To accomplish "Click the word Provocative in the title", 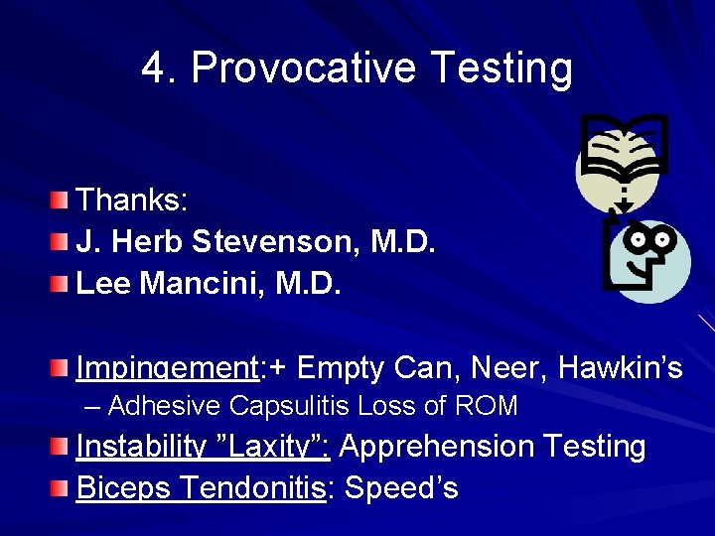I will [x=304, y=68].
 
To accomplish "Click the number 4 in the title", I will [x=154, y=68].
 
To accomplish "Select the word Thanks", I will [x=131, y=200].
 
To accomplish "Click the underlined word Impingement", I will [x=166, y=368].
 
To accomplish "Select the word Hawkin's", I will [x=621, y=368].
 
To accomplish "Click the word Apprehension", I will [x=437, y=447].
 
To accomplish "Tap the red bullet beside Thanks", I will [x=63, y=201].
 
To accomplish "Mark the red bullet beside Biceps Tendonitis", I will [x=63, y=489].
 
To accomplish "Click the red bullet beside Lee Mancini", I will [x=63, y=286].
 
